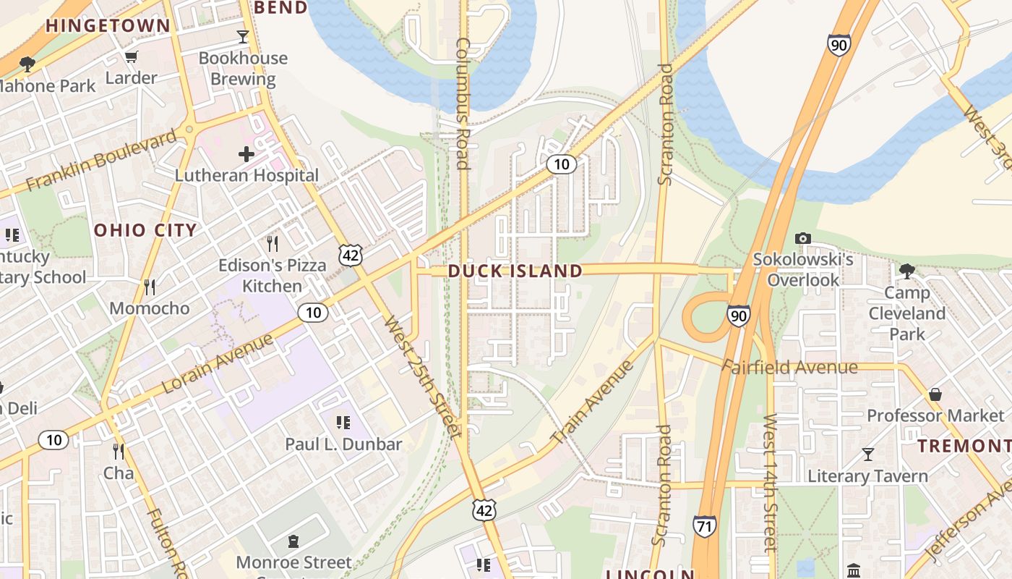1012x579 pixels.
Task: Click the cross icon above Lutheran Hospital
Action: (246, 153)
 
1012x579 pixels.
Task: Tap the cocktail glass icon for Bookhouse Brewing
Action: (243, 36)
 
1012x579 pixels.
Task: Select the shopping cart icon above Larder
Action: (131, 56)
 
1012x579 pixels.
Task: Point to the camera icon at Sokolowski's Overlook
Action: (802, 238)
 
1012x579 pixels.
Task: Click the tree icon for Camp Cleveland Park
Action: (907, 271)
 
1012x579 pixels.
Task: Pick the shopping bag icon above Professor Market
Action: (935, 394)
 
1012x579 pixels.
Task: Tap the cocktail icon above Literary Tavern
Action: (867, 455)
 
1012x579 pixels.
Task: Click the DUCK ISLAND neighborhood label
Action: (515, 271)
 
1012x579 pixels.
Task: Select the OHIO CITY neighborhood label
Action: (145, 230)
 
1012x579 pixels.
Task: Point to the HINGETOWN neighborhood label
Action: (108, 26)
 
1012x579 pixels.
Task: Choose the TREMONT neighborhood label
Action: (964, 446)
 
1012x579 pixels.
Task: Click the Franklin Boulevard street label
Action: (101, 160)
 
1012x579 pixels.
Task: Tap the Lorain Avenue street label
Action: (218, 363)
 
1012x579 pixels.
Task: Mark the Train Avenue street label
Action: (592, 402)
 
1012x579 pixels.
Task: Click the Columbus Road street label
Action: (463, 103)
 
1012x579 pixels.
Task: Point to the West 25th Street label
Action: (421, 376)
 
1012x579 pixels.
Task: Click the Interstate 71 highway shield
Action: (705, 525)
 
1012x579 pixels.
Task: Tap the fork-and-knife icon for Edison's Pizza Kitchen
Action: (272, 243)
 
